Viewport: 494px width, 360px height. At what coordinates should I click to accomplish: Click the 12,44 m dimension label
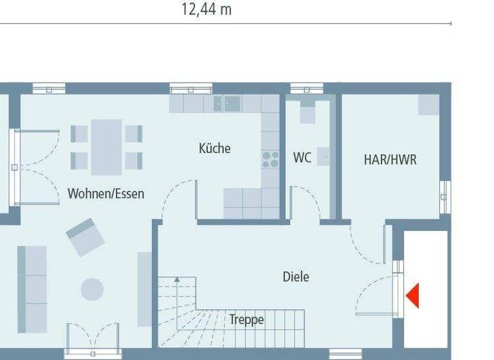tap(206, 10)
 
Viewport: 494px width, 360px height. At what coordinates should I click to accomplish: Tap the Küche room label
tap(214, 148)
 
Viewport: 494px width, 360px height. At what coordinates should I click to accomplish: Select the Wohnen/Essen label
tap(106, 194)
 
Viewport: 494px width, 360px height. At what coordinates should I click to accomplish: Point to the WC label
tap(302, 157)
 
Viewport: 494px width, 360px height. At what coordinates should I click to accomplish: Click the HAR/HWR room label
tap(390, 160)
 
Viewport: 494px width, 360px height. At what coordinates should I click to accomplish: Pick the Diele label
tap(296, 277)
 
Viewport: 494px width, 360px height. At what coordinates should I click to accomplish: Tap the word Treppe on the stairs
tap(246, 319)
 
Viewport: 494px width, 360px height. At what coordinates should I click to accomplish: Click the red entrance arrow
tap(412, 296)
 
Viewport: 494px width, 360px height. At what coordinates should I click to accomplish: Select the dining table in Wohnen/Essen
tap(106, 147)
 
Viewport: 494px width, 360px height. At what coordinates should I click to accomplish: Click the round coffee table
tap(92, 289)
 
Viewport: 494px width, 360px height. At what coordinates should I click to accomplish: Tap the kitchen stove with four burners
tap(270, 159)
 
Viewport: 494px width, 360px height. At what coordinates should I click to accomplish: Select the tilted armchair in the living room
tap(86, 236)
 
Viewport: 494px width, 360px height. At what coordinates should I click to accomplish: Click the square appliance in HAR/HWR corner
tap(428, 104)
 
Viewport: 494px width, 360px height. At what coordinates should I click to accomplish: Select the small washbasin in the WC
tap(323, 156)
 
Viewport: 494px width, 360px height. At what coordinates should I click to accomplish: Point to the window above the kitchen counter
tap(191, 89)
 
